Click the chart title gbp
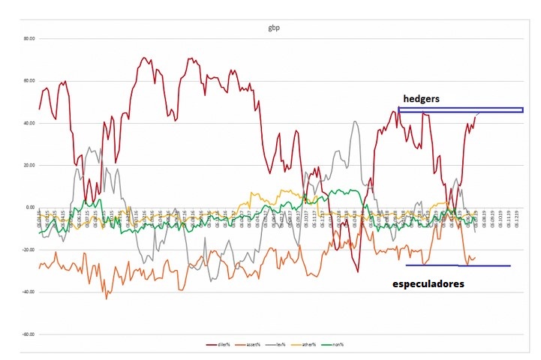275,28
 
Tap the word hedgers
420,98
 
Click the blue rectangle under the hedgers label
460,110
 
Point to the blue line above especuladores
458,265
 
